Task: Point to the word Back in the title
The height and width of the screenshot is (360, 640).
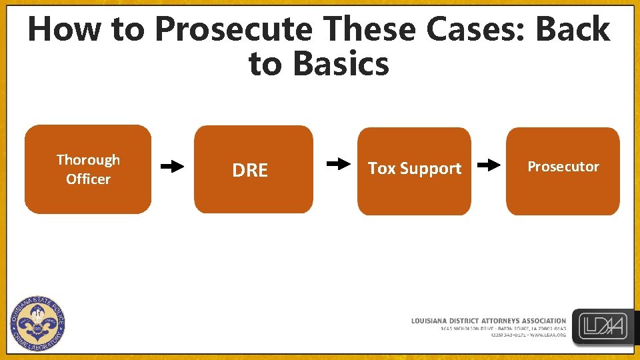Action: pos(573,30)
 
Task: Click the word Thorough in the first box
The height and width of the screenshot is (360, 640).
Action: pos(88,160)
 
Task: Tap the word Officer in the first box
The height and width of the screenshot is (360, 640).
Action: pos(88,179)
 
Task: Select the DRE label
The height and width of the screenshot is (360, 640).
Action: pos(250,171)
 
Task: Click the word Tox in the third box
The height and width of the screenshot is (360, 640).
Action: pos(382,169)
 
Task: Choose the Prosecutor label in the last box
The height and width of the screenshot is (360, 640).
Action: pos(563,167)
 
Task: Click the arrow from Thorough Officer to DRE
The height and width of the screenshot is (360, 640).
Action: pos(173,166)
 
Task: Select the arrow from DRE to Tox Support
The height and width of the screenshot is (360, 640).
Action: pos(339,163)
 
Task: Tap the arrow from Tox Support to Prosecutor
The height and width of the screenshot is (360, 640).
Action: pos(489,165)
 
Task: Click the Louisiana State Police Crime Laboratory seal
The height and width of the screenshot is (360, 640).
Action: pos(38,323)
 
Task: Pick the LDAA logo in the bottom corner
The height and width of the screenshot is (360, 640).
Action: pos(604,327)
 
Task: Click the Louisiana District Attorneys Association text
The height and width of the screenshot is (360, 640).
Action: pos(488,321)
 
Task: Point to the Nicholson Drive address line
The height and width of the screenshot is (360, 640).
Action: pos(503,329)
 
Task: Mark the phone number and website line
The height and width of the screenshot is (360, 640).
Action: pos(528,335)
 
